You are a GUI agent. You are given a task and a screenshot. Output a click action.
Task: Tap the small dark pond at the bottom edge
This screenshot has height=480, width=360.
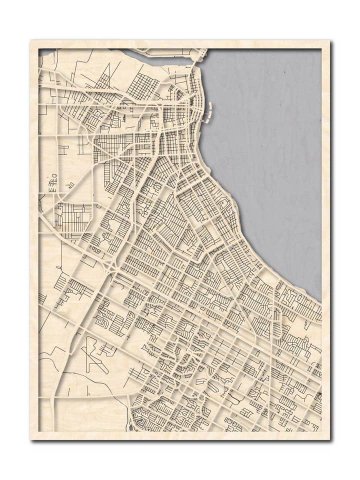pyautogui.click(x=131, y=426)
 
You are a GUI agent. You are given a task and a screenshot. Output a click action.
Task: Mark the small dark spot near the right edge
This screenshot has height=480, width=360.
pyautogui.click(x=319, y=397)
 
